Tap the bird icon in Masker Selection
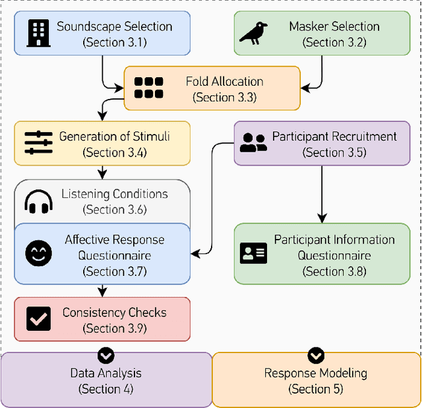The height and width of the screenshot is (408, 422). (x=253, y=33)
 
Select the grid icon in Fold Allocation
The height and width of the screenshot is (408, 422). (x=148, y=88)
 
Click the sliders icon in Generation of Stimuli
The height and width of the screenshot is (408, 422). (x=38, y=143)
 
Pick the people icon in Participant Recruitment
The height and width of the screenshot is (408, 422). (x=253, y=143)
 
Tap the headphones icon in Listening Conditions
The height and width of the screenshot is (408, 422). (x=38, y=201)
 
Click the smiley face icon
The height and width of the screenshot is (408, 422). (x=38, y=254)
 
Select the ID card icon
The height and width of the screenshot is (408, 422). (x=253, y=253)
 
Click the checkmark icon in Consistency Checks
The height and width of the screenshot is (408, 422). (x=38, y=319)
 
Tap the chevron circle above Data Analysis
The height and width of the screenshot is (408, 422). (x=105, y=356)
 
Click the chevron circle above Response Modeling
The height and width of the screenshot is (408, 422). (x=316, y=356)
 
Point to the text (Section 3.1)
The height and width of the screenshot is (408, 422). (x=115, y=43)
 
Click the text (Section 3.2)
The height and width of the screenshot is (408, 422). (x=334, y=43)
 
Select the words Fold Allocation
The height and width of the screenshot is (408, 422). (x=224, y=82)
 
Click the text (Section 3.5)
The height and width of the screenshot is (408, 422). (x=334, y=153)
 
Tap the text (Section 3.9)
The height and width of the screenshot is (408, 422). (x=115, y=328)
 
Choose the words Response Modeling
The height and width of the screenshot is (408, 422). (x=316, y=373)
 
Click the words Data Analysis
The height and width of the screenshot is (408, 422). (x=105, y=373)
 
